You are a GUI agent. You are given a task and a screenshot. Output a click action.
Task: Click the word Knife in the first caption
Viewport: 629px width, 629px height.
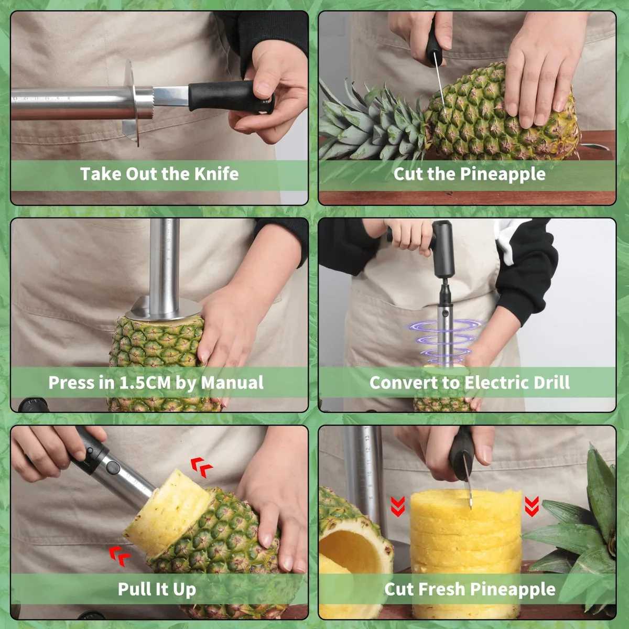(x=216, y=173)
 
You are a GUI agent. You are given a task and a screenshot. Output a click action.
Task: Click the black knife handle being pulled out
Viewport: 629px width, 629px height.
(x=231, y=97)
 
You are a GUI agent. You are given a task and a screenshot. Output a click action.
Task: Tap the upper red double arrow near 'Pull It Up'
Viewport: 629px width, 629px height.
(x=202, y=468)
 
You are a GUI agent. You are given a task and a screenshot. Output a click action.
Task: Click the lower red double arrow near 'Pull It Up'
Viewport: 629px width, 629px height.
(x=120, y=556)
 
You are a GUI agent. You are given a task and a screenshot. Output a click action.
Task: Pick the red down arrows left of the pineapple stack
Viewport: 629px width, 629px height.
(x=398, y=506)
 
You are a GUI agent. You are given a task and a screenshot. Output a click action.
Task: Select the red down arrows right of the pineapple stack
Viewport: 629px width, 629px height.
(x=532, y=506)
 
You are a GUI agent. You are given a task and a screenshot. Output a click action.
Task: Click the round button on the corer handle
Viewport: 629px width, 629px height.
(x=113, y=468)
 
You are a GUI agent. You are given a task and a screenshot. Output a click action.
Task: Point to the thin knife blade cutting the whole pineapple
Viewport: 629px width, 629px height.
(x=440, y=82)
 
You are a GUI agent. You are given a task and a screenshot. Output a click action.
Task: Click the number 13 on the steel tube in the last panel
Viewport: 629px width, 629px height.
(x=367, y=438)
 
